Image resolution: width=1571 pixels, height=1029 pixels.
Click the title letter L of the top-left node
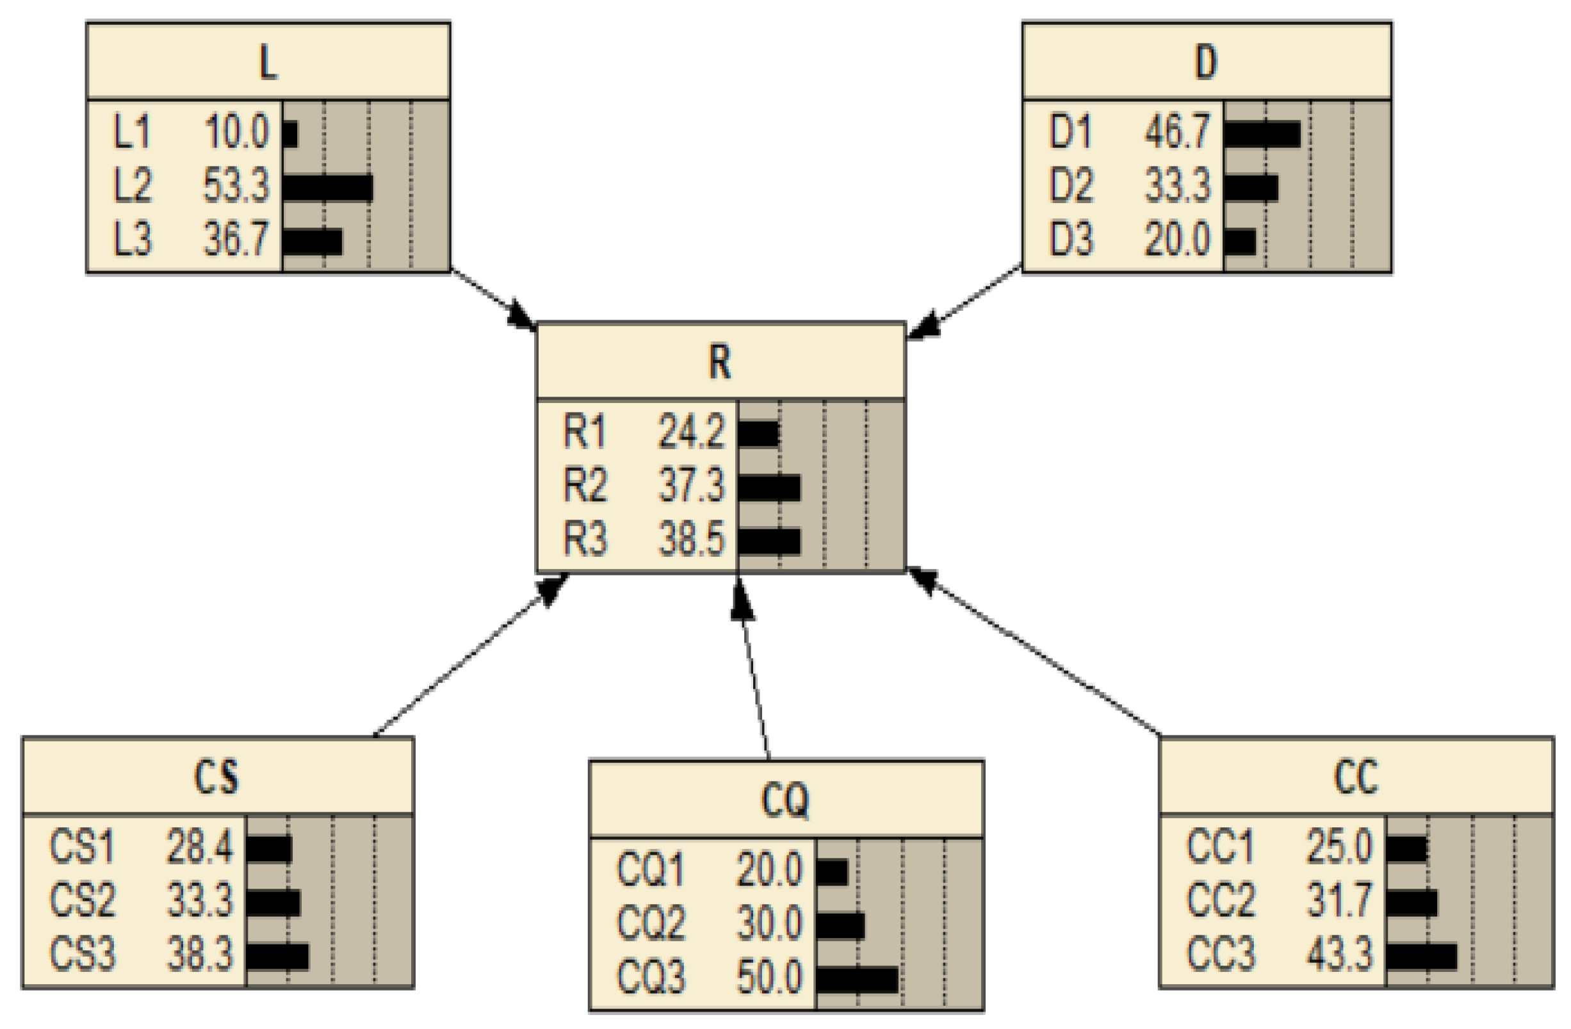click(267, 63)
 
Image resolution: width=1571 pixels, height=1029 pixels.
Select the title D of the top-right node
click(1206, 63)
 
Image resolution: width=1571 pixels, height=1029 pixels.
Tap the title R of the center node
click(720, 363)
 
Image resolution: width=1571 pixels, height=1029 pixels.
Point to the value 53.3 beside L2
click(236, 186)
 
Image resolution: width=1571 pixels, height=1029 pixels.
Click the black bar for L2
click(327, 187)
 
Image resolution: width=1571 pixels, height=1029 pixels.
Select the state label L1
click(132, 131)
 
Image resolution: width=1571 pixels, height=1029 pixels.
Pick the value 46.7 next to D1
click(1178, 131)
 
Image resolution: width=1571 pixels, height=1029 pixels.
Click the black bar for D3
click(1239, 241)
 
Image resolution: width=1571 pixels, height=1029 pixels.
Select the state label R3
click(585, 539)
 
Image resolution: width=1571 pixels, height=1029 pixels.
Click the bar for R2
click(769, 489)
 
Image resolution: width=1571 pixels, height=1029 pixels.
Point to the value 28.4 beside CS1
click(200, 846)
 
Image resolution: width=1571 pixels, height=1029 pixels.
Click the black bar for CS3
click(277, 957)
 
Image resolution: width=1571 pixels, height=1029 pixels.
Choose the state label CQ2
click(651, 923)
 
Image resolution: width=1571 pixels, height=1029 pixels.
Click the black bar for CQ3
click(857, 980)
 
